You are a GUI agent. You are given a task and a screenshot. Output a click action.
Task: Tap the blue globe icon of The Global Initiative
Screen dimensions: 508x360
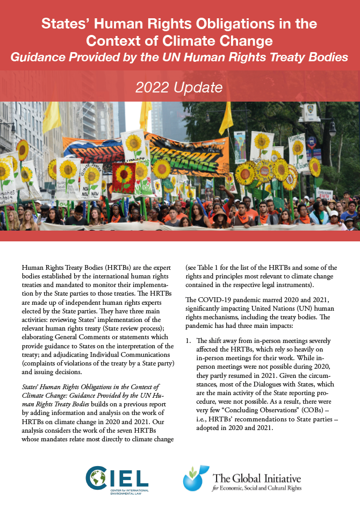tap(193, 478)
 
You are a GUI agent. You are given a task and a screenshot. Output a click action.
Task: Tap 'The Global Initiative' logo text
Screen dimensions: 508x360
tap(257, 478)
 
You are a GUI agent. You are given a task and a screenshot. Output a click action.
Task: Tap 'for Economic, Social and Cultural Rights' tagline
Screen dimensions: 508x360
tap(257, 488)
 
